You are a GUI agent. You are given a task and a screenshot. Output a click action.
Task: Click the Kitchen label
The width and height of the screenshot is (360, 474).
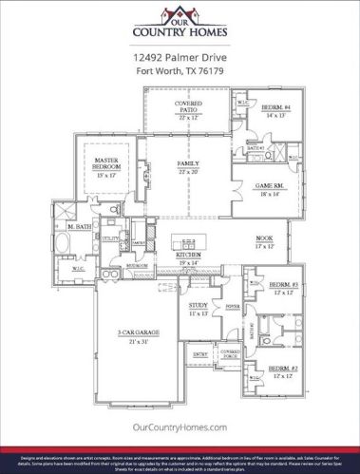(x=190, y=257)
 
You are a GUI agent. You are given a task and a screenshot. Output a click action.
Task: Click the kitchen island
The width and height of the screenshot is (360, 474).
(x=189, y=241)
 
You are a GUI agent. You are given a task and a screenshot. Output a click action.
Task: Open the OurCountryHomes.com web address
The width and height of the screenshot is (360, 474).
(x=180, y=428)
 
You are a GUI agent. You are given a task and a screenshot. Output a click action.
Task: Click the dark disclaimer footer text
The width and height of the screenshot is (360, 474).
(x=180, y=459)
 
